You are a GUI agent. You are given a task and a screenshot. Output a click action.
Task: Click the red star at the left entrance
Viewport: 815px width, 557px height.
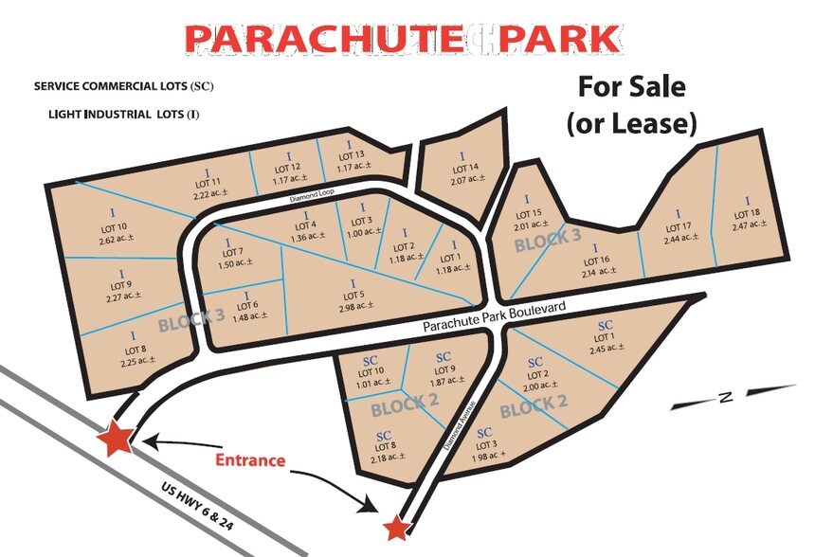pos(118,438)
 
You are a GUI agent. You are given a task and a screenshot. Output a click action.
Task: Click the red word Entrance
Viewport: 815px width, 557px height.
pos(250,460)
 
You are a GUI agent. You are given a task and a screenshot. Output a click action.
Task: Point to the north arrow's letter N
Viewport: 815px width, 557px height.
pos(723,398)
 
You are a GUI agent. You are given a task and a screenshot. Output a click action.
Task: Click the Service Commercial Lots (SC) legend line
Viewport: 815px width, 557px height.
pos(124,86)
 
